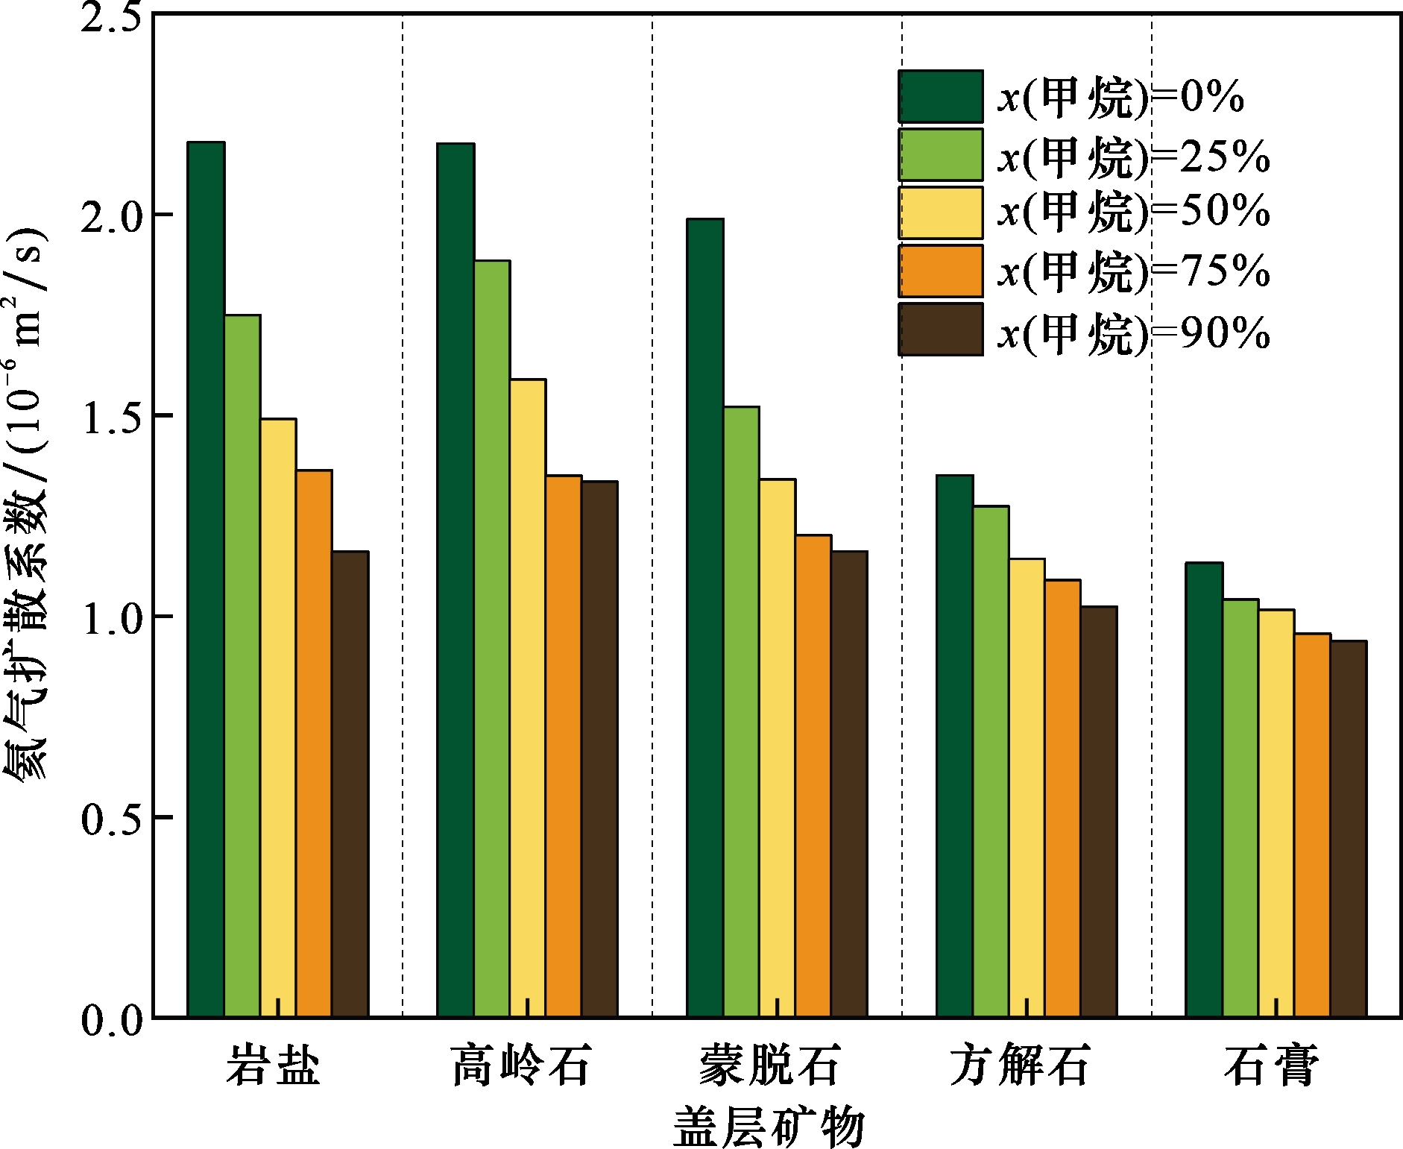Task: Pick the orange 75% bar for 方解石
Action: [x=1063, y=799]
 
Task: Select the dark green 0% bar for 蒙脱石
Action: [x=705, y=618]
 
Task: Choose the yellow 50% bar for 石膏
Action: [x=1276, y=813]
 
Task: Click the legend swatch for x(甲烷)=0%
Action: [x=940, y=96]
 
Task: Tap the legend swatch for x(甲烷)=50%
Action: [x=940, y=213]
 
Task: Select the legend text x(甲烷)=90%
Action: [x=1134, y=333]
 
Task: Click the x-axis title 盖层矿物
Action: [x=769, y=1127]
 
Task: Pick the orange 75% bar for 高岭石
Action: [x=564, y=746]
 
